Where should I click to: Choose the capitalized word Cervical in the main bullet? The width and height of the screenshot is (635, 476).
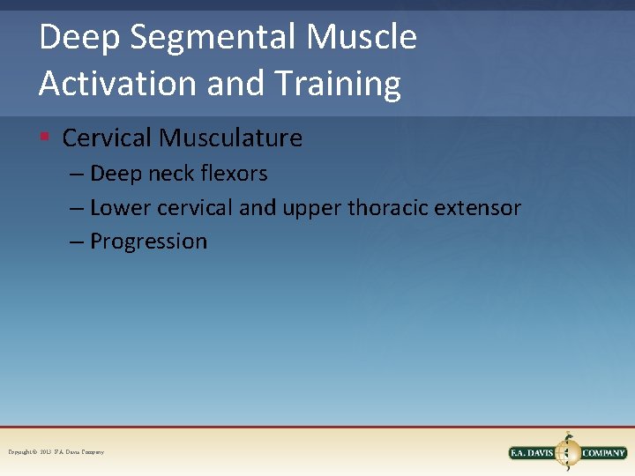click(108, 138)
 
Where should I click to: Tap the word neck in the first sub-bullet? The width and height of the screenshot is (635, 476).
click(171, 174)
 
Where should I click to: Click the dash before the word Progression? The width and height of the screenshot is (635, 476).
click(77, 242)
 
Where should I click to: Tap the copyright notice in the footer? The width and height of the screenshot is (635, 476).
click(56, 452)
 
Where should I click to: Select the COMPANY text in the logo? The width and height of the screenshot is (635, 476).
click(604, 453)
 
